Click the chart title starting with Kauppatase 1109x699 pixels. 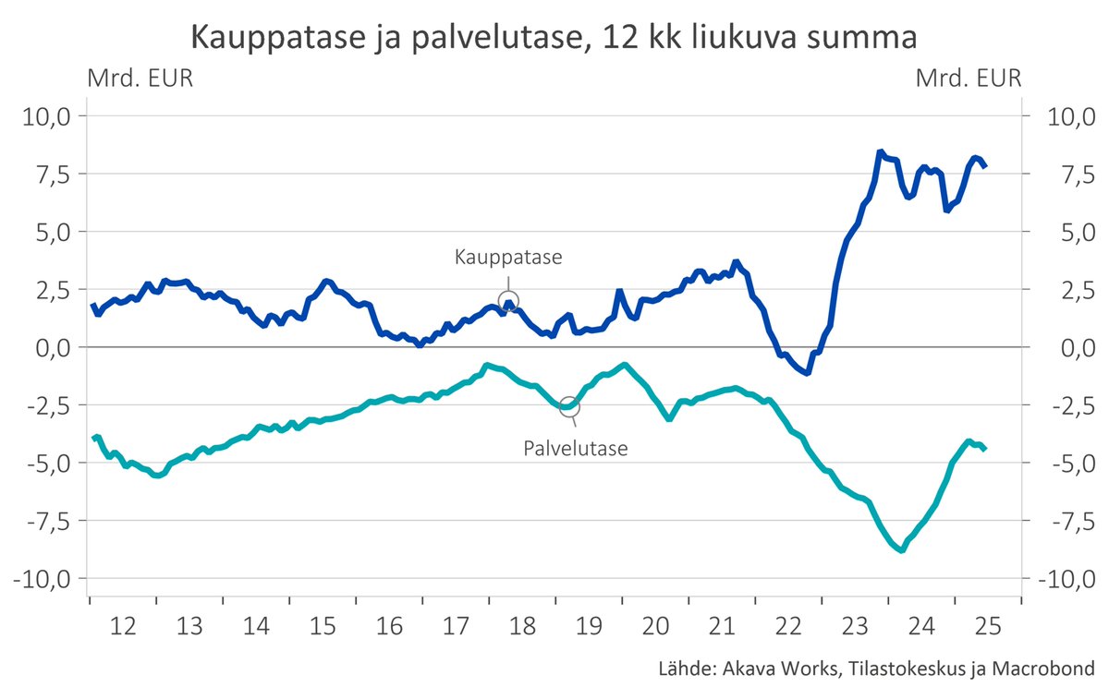pyautogui.click(x=554, y=38)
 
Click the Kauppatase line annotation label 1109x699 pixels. pyautogui.click(x=507, y=258)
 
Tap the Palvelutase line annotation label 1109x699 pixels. pyautogui.click(x=575, y=450)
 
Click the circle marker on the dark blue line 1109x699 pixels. pyautogui.click(x=508, y=301)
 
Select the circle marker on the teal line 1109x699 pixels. pyautogui.click(x=569, y=406)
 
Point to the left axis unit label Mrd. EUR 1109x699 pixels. pyautogui.click(x=140, y=78)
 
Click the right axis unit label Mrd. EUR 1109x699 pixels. pyautogui.click(x=969, y=78)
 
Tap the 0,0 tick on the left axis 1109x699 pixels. pyautogui.click(x=51, y=347)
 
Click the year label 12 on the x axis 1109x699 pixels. pyautogui.click(x=123, y=626)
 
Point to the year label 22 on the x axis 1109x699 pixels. pyautogui.click(x=787, y=626)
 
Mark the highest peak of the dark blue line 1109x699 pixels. pyautogui.click(x=881, y=151)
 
